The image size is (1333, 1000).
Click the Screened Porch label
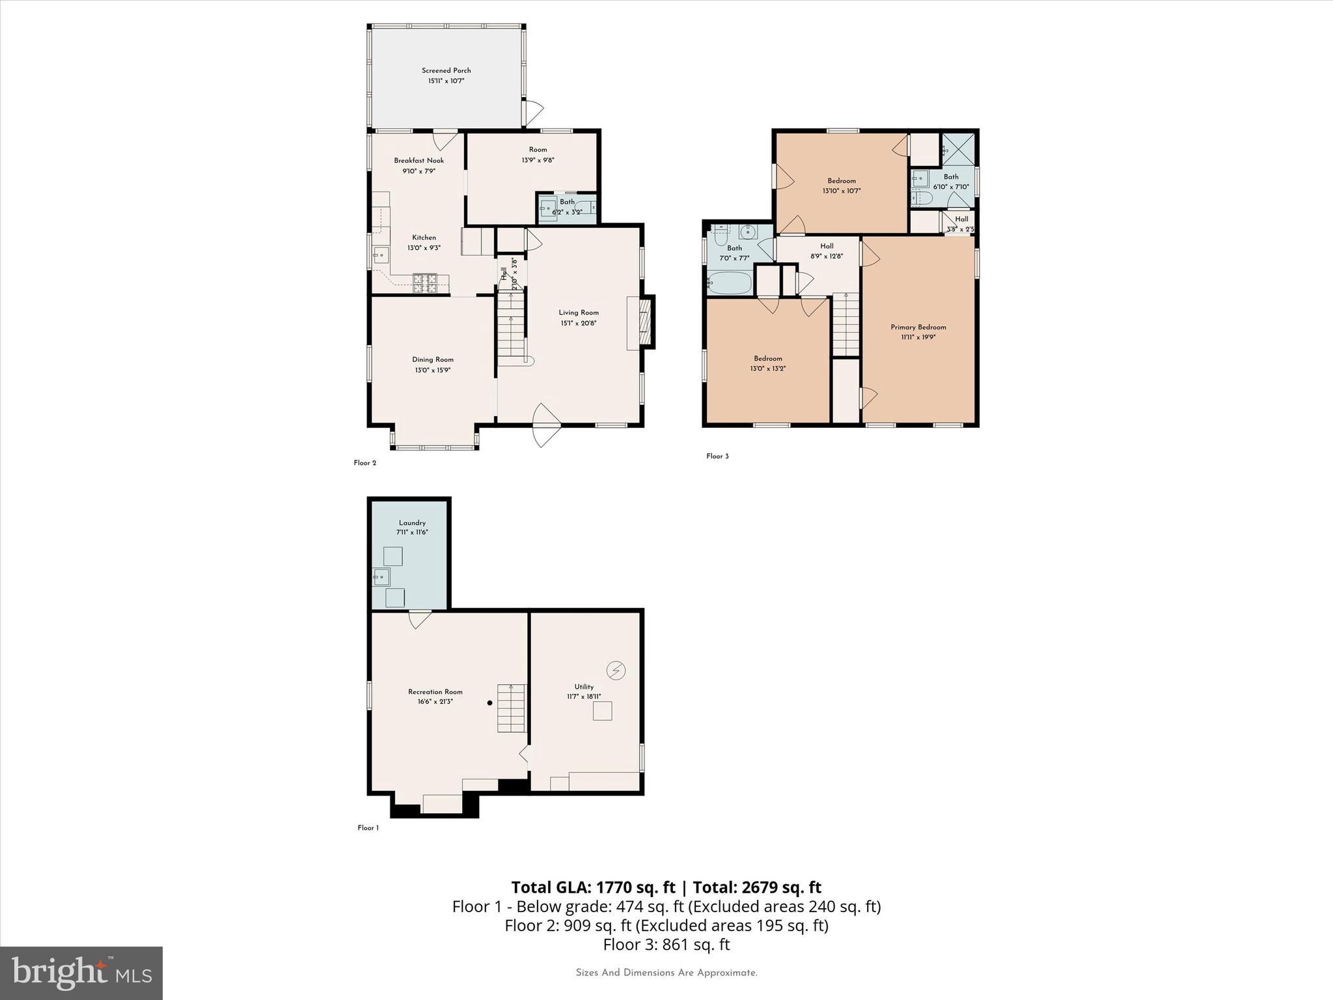[x=446, y=70]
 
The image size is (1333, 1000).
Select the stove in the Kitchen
[x=425, y=283]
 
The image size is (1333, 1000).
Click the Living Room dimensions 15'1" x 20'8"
[x=578, y=323]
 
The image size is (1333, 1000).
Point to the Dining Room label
[x=432, y=359]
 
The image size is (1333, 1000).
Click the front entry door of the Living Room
[x=546, y=426]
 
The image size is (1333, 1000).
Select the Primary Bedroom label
[x=918, y=327]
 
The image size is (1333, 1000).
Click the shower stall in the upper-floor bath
[x=958, y=148]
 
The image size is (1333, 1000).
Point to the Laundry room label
[x=412, y=523]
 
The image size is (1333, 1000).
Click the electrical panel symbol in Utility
[x=616, y=670]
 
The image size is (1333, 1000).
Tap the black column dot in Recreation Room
[x=490, y=703]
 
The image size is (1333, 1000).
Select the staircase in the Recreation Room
[x=511, y=708]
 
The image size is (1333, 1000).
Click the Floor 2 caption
[x=365, y=464]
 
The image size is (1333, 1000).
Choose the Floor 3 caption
[x=717, y=456]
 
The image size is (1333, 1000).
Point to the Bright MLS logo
[x=81, y=973]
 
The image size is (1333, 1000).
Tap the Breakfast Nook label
[x=419, y=161]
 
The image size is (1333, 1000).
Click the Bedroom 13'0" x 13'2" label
[x=768, y=359]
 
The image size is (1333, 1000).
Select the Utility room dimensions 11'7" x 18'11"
[x=584, y=697]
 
